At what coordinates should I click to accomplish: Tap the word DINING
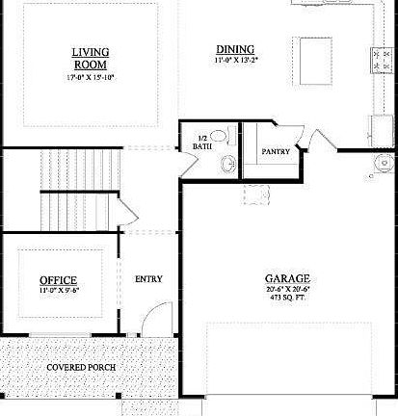tap(235, 49)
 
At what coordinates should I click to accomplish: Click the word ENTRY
tap(148, 279)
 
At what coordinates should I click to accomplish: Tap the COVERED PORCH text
tap(78, 368)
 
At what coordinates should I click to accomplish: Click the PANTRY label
tap(276, 152)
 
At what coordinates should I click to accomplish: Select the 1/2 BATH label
tap(201, 142)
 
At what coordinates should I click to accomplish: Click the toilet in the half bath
tap(220, 137)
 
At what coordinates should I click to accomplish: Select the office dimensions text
tap(58, 290)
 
